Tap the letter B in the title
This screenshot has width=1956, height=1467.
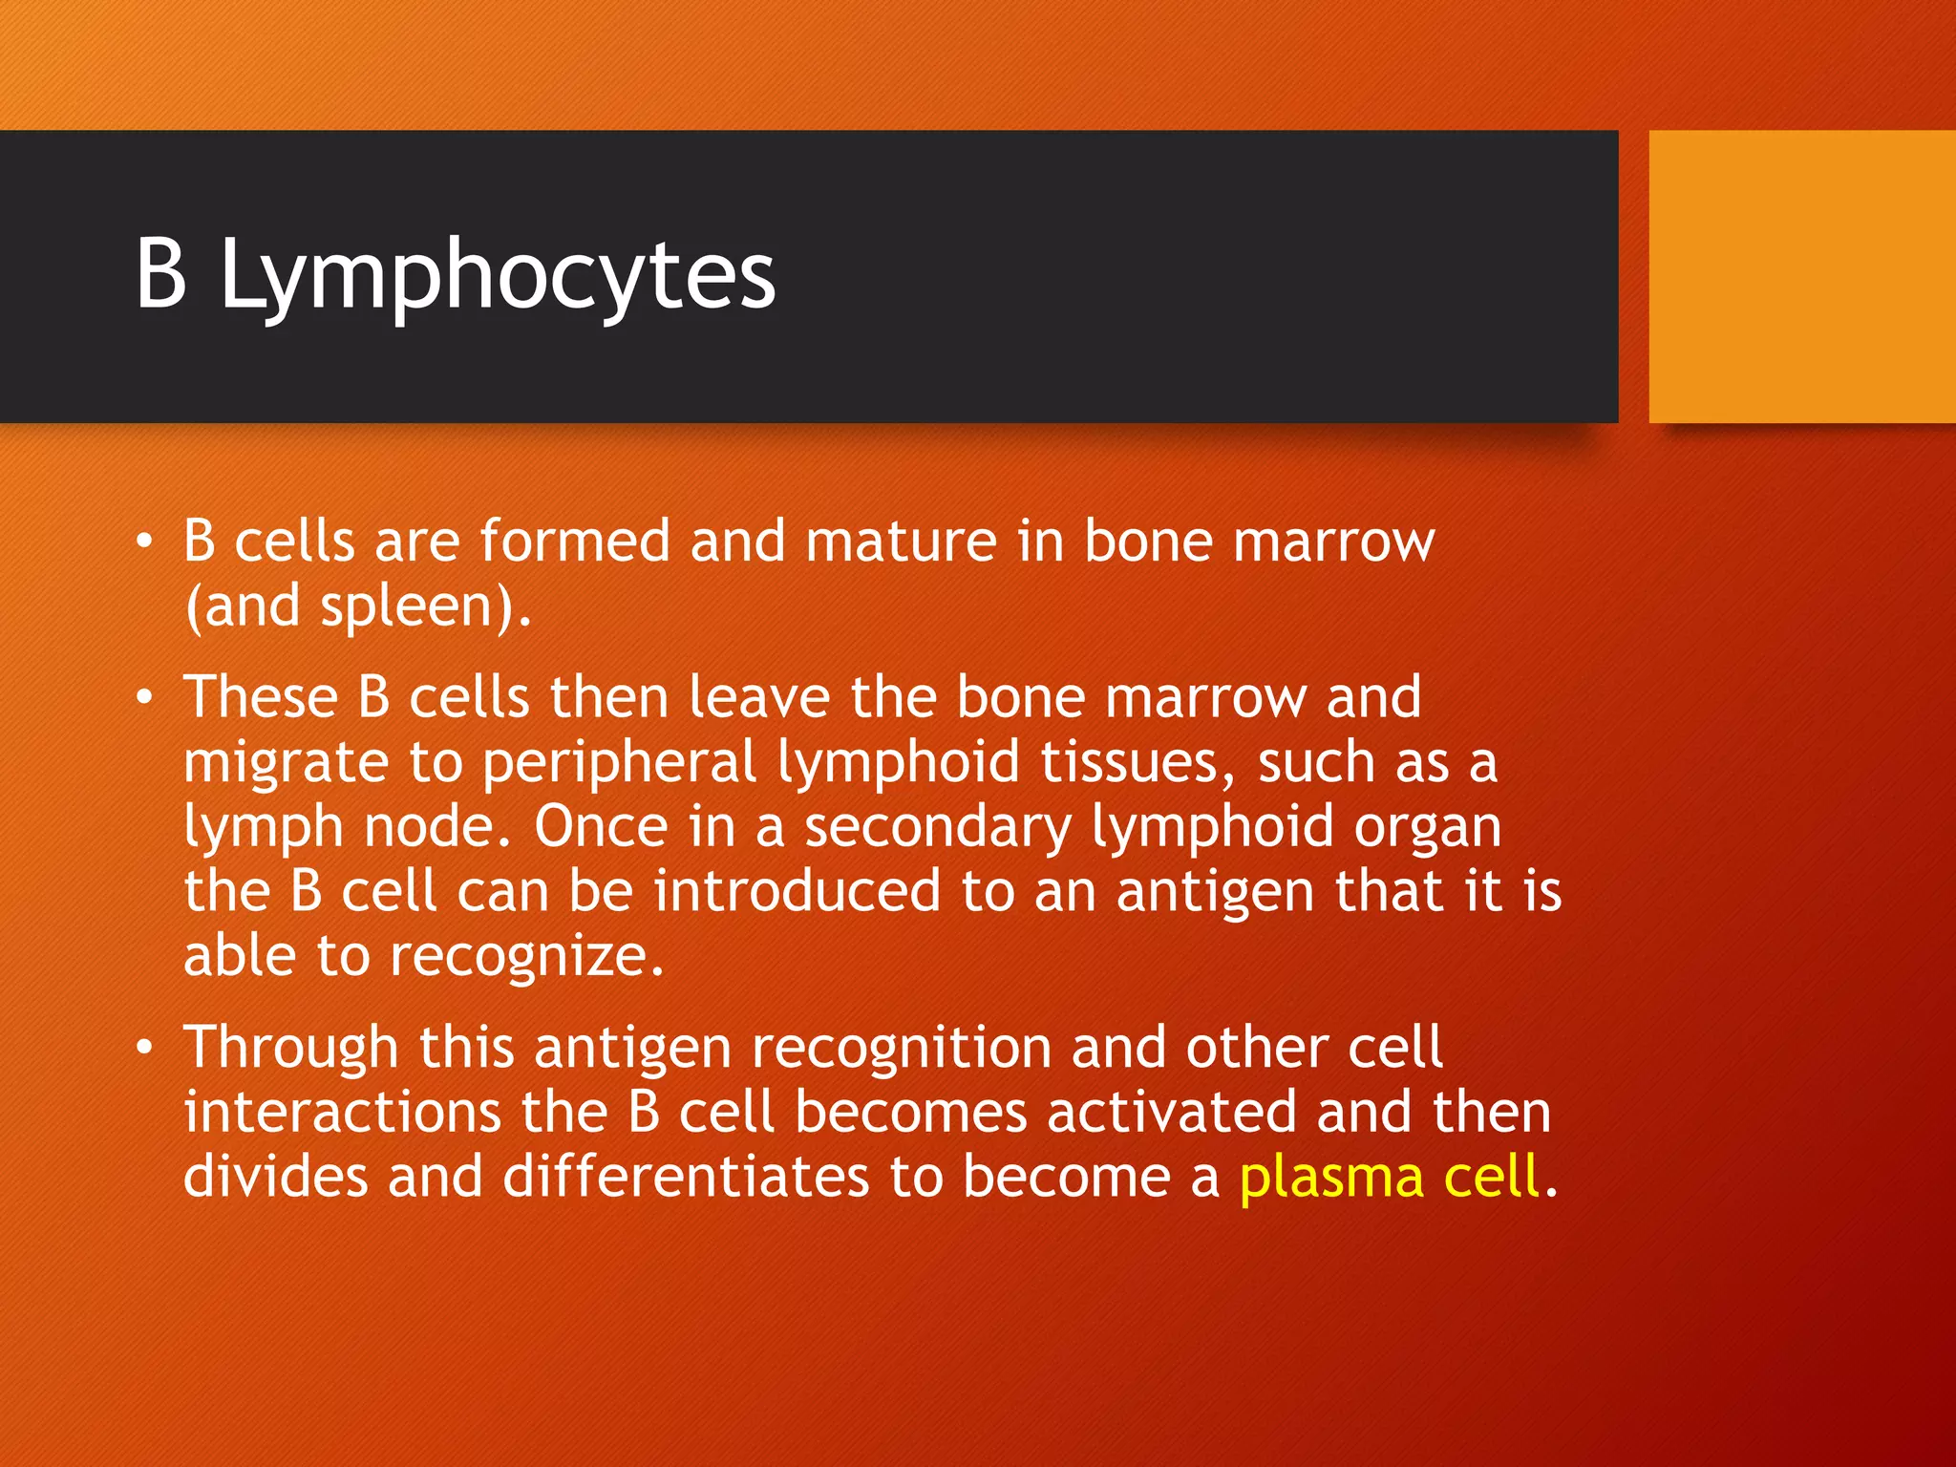(160, 274)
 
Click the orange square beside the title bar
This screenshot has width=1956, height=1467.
(1801, 277)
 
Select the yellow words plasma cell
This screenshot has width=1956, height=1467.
(1389, 1177)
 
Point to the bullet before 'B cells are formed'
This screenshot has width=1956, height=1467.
(144, 542)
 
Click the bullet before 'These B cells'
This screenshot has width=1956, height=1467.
(144, 698)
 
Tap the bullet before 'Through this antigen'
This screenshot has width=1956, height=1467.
(144, 1049)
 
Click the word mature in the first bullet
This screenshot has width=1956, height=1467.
(901, 542)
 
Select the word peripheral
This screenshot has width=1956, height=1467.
(619, 764)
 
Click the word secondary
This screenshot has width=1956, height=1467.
(938, 828)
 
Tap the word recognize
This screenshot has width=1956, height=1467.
(525, 958)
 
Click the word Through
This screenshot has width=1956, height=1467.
(290, 1049)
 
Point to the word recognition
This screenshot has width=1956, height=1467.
(901, 1049)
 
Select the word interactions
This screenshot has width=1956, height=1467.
(342, 1113)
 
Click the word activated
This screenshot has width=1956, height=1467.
(1171, 1113)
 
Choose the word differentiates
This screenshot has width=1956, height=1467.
(685, 1177)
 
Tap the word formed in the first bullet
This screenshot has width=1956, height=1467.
(575, 542)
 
